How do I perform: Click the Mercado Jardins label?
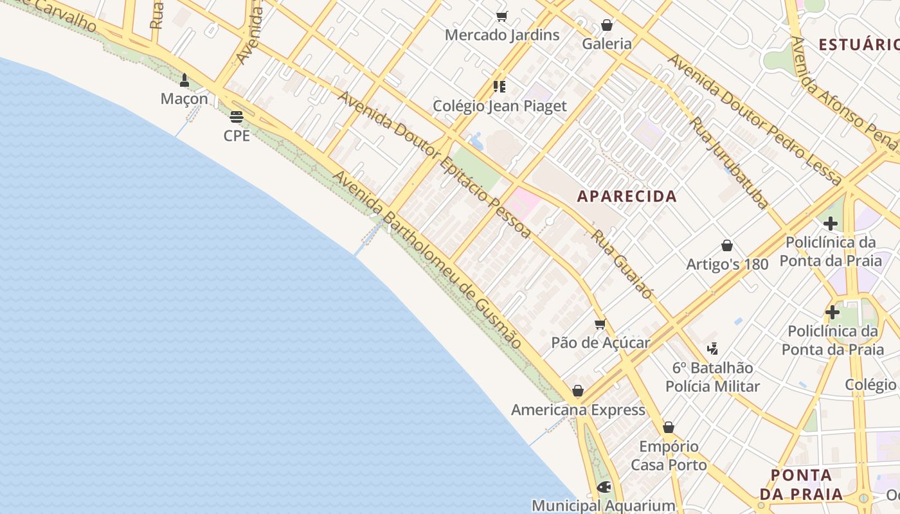[502, 35]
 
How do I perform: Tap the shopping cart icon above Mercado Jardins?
[502, 16]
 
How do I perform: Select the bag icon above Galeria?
[606, 25]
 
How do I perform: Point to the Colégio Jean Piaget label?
[500, 106]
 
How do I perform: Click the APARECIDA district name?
[627, 197]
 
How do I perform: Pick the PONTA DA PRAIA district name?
[801, 485]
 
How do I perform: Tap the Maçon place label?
[184, 99]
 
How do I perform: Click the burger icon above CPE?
[237, 116]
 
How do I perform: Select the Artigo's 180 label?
[727, 264]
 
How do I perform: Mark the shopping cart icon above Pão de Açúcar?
[600, 324]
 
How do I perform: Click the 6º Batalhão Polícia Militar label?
[712, 377]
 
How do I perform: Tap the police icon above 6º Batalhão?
[712, 349]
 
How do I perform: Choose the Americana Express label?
[578, 410]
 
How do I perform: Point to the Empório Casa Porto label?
[669, 456]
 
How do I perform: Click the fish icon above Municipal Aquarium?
[604, 487]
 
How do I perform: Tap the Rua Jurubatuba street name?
[729, 163]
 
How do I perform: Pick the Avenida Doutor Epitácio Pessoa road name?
[434, 164]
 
